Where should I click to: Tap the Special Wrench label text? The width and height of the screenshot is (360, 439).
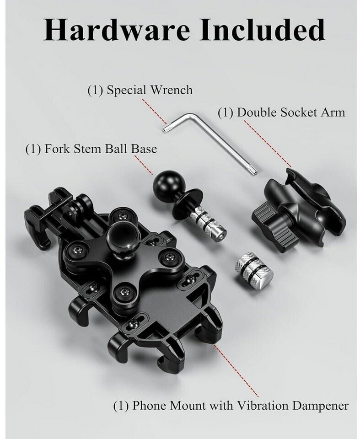140,90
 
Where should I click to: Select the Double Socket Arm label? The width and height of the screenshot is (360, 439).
281,112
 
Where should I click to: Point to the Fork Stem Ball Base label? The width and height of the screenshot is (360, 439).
91,149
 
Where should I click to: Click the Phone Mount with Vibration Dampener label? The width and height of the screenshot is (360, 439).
231,406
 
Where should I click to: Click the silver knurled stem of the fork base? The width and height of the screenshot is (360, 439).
207,223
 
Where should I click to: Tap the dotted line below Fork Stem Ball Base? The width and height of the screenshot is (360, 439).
144,166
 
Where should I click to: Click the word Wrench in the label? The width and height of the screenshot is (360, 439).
172,90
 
